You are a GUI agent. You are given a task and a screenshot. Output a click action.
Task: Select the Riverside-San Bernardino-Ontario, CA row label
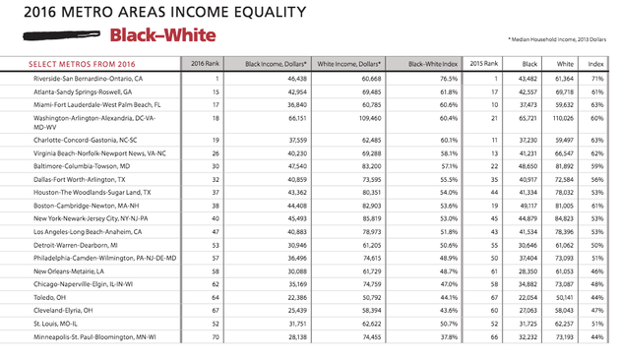click(90, 78)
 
